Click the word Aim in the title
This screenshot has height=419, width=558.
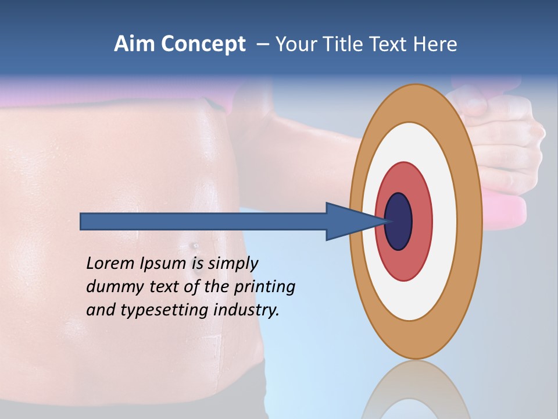click(x=135, y=44)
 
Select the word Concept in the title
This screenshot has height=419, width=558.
click(x=203, y=45)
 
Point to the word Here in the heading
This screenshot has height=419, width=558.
click(x=436, y=44)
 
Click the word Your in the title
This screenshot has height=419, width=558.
click(x=295, y=44)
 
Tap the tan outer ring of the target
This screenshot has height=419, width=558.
click(x=416, y=102)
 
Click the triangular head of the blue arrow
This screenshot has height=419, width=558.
click(x=349, y=221)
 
